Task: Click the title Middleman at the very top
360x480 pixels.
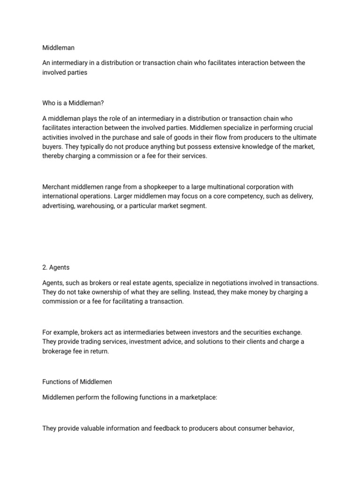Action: pyautogui.click(x=58, y=48)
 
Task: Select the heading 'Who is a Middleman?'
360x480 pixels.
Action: pyautogui.click(x=73, y=103)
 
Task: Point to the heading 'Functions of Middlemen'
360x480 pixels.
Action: pyautogui.click(x=77, y=382)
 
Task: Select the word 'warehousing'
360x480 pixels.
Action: pyautogui.click(x=96, y=205)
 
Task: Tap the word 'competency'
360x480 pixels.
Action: pyautogui.click(x=240, y=196)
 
